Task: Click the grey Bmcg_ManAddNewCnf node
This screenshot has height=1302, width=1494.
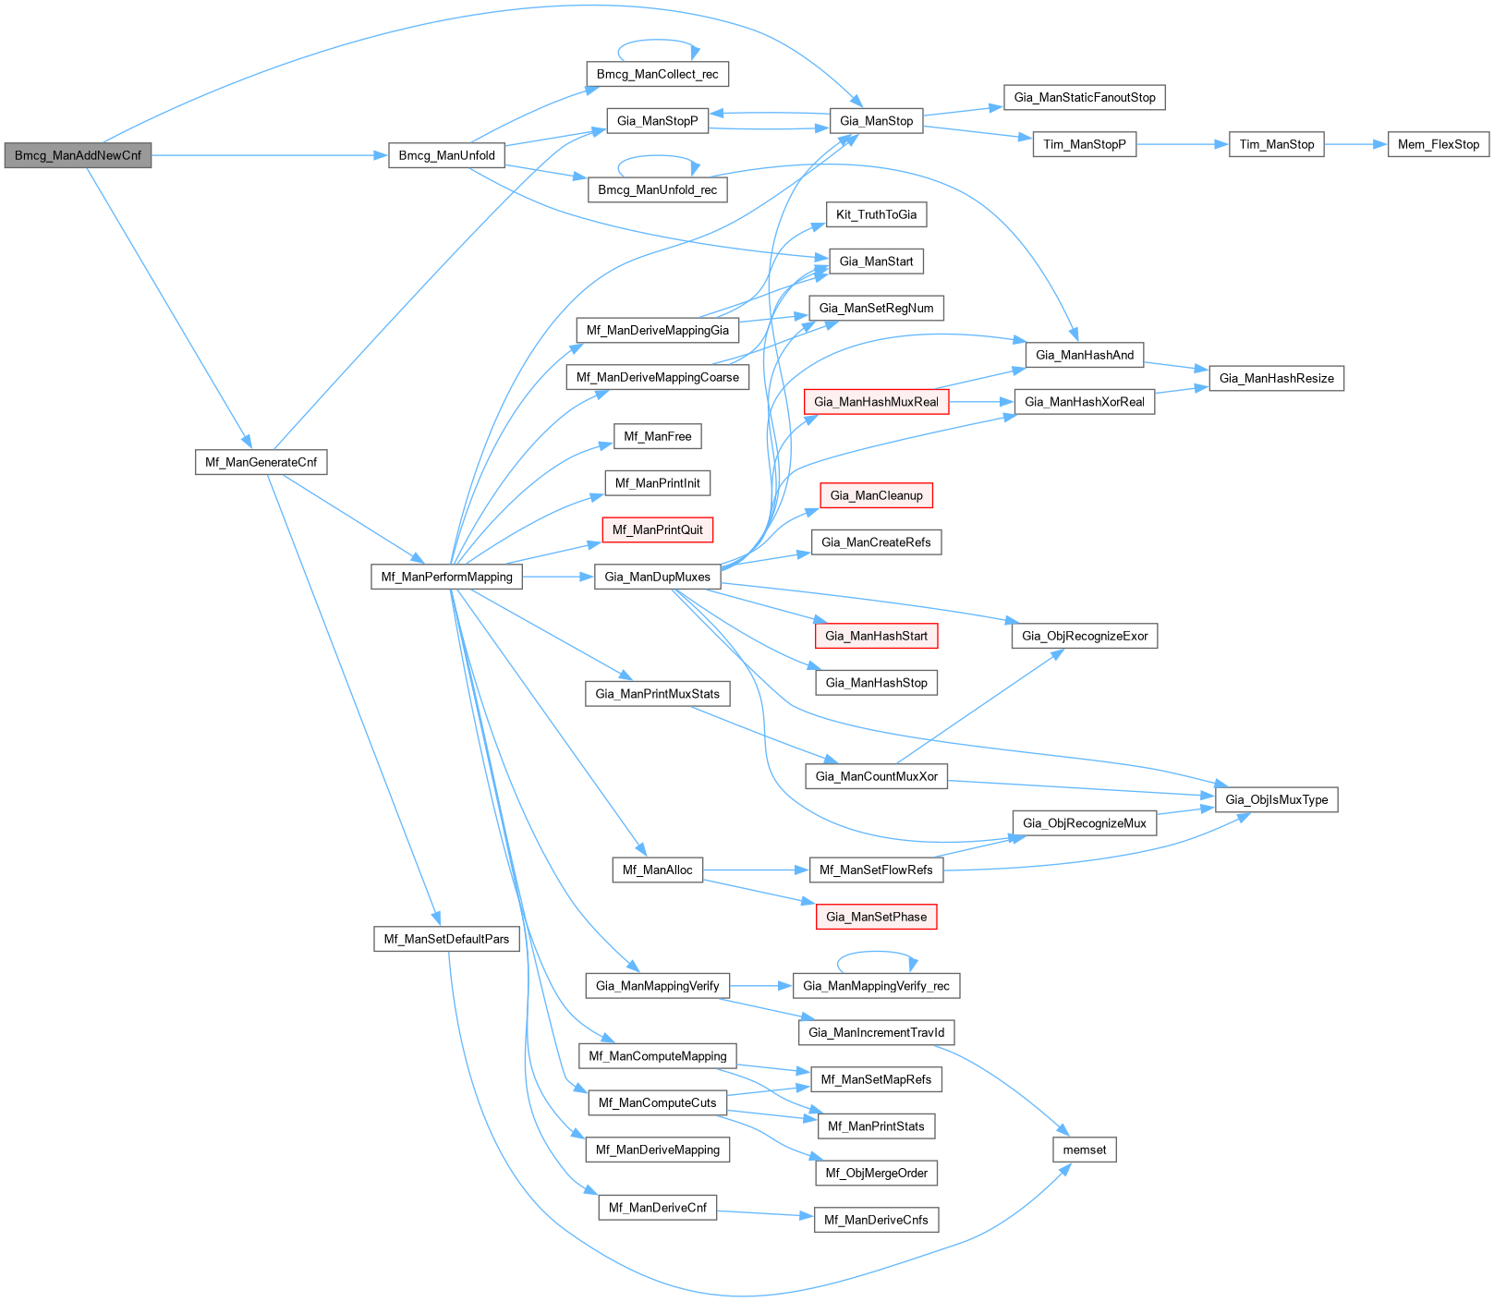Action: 78,155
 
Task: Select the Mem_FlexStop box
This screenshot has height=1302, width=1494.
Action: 1438,144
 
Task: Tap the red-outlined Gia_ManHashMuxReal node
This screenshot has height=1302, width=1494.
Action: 876,402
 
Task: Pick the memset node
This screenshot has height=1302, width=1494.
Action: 1084,1150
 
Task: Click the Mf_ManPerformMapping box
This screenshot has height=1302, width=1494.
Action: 446,577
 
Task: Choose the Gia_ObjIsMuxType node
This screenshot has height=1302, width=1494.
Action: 1276,799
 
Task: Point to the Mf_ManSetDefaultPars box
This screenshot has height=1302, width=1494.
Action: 446,939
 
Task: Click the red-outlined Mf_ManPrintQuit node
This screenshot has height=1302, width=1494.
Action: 657,529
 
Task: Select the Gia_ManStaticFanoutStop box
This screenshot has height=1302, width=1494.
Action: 1084,97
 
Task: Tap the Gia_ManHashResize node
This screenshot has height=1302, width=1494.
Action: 1276,378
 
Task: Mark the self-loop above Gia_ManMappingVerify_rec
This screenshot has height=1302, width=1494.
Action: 876,953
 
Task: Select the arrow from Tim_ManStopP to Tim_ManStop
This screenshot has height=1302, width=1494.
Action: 1183,144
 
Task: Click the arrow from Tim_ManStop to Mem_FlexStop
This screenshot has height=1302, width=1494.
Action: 1355,144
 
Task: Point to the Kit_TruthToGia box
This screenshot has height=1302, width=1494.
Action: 876,214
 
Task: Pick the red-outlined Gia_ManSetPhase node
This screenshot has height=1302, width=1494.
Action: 876,917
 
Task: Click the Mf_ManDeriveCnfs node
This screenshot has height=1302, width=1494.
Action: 876,1220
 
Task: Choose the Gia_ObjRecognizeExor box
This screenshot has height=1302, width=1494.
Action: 1084,636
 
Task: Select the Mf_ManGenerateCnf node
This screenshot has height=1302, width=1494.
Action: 261,462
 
